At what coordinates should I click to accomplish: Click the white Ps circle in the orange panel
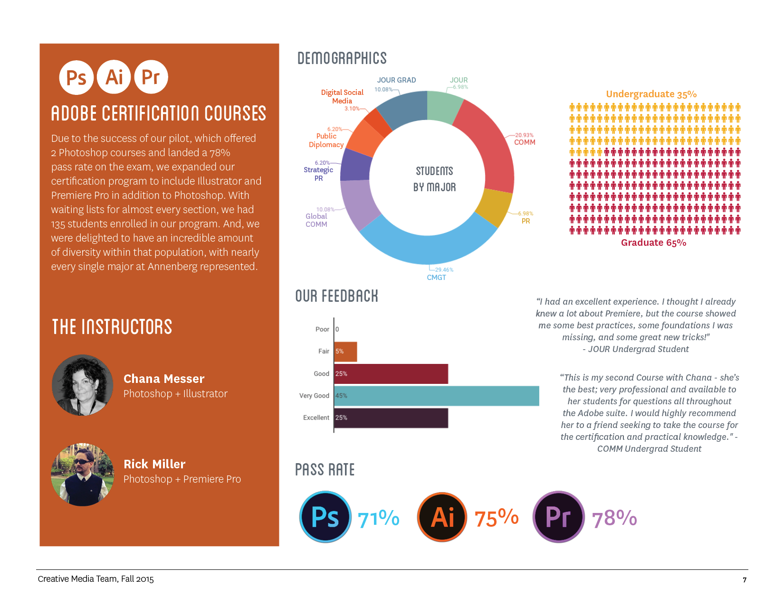(x=76, y=77)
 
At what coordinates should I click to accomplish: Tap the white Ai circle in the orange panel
(x=114, y=77)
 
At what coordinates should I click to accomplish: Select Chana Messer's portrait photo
(x=83, y=385)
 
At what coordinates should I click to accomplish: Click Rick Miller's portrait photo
(x=83, y=475)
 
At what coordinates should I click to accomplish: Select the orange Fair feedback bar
(x=345, y=352)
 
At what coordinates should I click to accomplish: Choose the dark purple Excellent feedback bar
(x=391, y=418)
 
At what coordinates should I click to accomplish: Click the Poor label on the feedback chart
(x=322, y=329)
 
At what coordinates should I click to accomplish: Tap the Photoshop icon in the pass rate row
(x=325, y=517)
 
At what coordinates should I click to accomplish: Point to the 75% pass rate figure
(x=496, y=518)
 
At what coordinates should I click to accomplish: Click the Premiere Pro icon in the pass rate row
(x=558, y=517)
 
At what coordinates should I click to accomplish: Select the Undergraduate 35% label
(x=651, y=94)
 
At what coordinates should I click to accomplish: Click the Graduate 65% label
(x=653, y=242)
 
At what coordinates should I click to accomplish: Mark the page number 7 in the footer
(x=745, y=580)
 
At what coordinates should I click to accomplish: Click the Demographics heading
(x=342, y=58)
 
